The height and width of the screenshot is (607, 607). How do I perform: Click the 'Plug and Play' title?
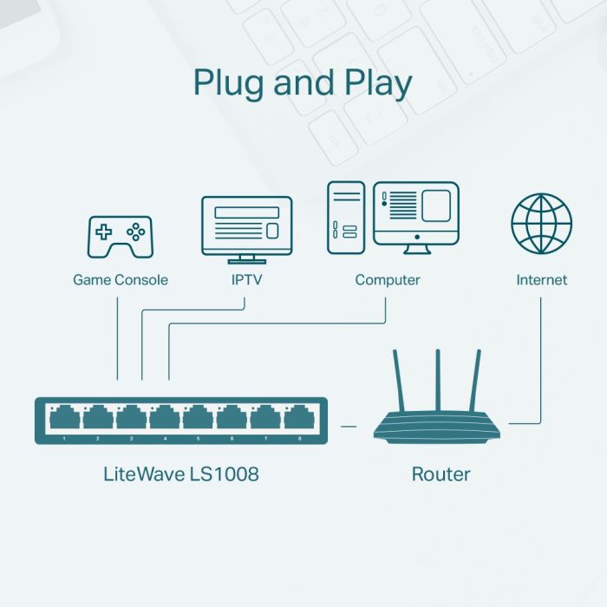click(x=303, y=82)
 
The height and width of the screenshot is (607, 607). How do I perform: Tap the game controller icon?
click(x=120, y=236)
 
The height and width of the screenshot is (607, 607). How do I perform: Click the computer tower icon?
click(x=345, y=217)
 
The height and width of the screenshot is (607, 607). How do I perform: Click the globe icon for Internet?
click(x=541, y=224)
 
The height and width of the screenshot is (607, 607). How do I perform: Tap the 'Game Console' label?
click(x=120, y=280)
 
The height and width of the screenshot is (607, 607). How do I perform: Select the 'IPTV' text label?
click(x=246, y=280)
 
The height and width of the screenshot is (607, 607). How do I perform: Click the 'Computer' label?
click(x=387, y=280)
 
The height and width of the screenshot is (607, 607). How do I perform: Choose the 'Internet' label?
click(x=541, y=280)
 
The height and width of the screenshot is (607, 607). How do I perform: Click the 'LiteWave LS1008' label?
click(x=181, y=474)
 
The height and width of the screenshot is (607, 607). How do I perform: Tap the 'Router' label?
click(x=441, y=474)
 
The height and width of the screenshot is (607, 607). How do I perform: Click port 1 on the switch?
click(x=65, y=418)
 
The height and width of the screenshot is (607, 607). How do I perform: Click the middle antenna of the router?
click(x=439, y=382)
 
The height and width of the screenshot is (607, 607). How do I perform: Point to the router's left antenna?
click(x=400, y=382)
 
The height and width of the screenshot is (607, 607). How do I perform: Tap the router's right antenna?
click(x=476, y=382)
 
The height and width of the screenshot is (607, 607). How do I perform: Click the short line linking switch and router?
click(x=349, y=426)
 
